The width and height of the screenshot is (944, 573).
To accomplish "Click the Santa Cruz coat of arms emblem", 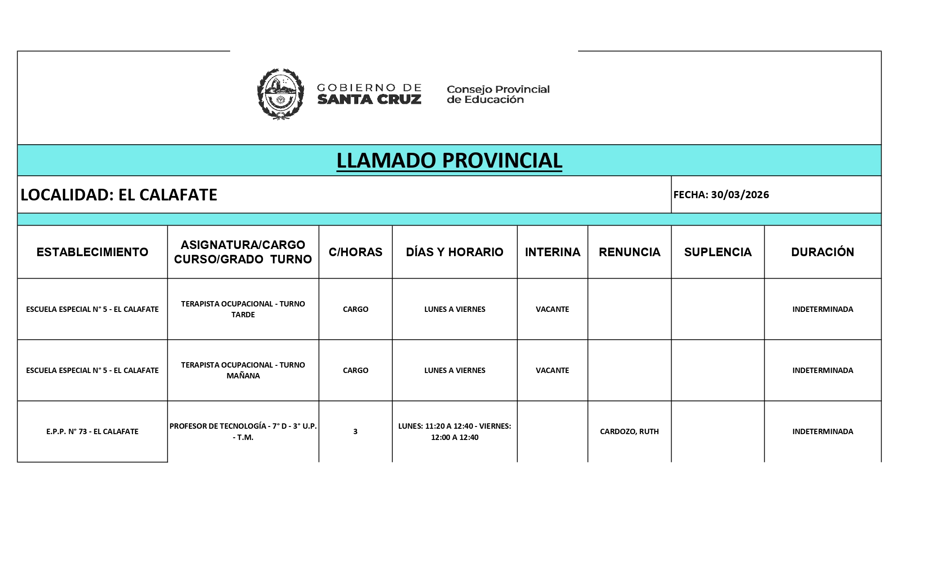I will (280, 94).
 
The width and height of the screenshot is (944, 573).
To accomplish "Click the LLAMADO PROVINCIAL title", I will (449, 160).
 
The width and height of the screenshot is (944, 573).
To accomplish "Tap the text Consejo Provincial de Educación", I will (498, 94).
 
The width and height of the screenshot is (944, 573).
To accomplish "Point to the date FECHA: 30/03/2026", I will (721, 195).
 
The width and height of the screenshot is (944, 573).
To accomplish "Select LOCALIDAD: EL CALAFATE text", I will (119, 195).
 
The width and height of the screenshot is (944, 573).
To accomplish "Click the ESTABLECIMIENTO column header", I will (92, 252).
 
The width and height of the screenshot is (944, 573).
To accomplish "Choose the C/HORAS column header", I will (355, 252).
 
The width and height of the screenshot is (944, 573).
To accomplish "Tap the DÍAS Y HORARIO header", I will (454, 252).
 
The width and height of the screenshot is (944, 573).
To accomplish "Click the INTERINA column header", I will (552, 252).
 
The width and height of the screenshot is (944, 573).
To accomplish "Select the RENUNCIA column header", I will (629, 252).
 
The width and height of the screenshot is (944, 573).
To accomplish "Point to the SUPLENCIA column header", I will (717, 252).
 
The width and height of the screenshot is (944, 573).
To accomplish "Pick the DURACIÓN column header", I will (823, 252).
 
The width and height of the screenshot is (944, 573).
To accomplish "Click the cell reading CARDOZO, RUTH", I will (629, 431).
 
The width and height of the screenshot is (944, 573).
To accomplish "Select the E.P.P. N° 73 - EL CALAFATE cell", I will (92, 431).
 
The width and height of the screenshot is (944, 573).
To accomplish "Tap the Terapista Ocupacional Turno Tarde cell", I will (243, 309).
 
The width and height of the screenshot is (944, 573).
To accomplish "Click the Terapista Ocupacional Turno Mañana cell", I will (243, 370).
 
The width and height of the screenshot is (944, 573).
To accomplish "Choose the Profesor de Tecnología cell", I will (243, 431).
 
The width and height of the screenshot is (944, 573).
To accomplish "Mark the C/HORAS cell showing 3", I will (355, 431).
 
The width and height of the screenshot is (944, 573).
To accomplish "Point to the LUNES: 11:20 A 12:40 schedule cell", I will (454, 431).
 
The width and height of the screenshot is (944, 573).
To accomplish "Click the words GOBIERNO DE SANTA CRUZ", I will (369, 94).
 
